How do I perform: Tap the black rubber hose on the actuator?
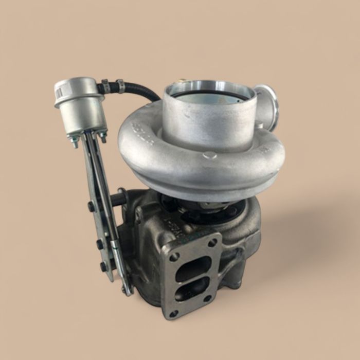pyautogui.click(x=144, y=93)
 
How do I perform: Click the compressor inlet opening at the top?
pyautogui.click(x=209, y=95)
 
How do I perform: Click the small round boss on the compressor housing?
pyautogui.click(x=210, y=155)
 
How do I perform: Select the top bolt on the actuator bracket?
pyautogui.click(x=93, y=207)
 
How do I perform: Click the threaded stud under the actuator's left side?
pyautogui.click(x=74, y=142)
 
